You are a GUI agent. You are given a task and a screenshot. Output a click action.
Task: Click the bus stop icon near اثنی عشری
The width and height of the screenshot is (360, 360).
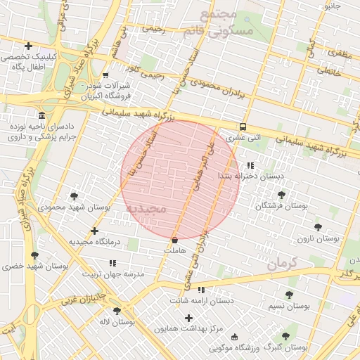tap(243, 127)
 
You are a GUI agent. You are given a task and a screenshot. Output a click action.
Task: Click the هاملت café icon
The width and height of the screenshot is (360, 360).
tap(174, 240)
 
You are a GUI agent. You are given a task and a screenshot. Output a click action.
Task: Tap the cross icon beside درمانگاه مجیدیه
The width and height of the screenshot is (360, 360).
tap(94, 231)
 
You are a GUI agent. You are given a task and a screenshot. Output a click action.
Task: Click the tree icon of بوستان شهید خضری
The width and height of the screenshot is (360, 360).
tap(34, 255)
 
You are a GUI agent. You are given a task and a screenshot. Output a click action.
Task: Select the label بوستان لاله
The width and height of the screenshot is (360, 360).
tap(117, 322)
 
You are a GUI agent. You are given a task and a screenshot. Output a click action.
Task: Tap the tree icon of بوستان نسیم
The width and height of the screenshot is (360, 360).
tap(289, 295)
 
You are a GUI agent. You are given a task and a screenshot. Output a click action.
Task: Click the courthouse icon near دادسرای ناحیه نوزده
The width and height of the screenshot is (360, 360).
tap(42, 115)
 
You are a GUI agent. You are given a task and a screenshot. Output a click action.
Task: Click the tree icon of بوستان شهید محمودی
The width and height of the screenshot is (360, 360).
tap(75, 196)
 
